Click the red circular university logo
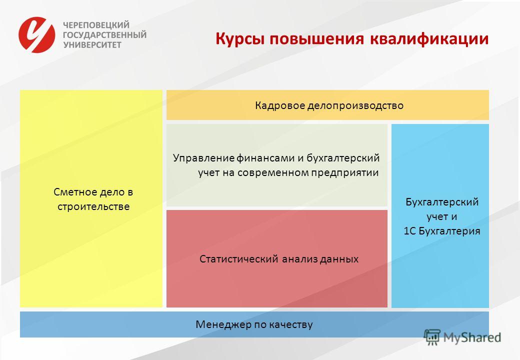37,35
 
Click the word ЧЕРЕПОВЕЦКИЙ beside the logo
96,25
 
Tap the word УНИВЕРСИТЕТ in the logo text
92,45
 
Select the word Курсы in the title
240,39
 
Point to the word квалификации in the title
429,39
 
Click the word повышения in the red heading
317,39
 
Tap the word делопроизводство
355,105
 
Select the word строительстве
93,206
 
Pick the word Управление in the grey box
203,158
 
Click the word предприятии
345,172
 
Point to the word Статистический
239,259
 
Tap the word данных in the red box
339,259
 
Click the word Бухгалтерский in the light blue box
442,202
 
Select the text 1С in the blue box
409,231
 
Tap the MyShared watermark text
472,338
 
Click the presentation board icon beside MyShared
432,337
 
